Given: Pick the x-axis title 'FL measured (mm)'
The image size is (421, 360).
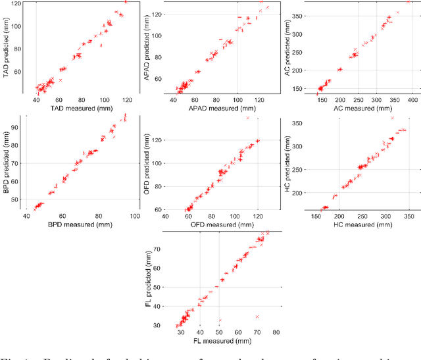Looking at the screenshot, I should click(218, 342).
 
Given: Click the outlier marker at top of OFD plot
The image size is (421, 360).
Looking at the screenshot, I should click(247, 118).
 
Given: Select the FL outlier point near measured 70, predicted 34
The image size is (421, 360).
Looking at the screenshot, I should click(257, 317).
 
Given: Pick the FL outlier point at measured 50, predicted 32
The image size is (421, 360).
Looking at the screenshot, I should click(220, 321).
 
